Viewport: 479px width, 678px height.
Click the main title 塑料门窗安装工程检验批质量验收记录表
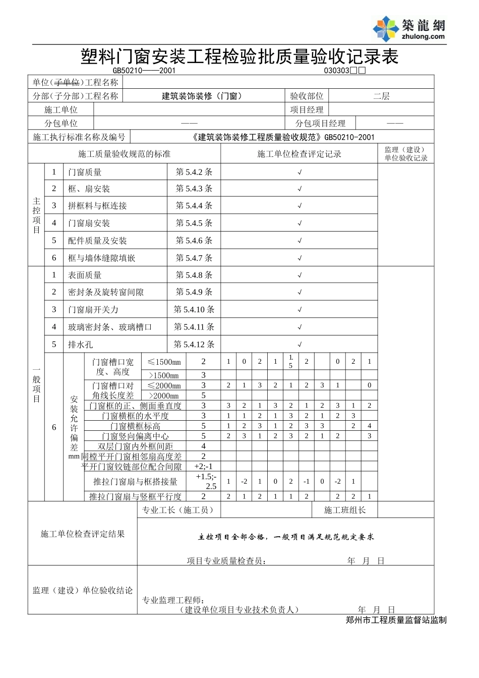tap(239, 56)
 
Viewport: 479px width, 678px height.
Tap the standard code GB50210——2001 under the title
tap(144, 71)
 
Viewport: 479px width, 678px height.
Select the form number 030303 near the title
tap(337, 71)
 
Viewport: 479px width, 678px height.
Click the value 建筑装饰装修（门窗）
tap(202, 96)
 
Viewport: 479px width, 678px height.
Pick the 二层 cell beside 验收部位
tap(381, 96)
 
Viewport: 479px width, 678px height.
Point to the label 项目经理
tap(307, 109)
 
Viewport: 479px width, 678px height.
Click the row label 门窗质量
tap(85, 172)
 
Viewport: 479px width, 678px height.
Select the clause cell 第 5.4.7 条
tap(194, 258)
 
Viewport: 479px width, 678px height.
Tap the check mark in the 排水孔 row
tap(300, 345)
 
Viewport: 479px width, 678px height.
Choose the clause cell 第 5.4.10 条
tap(194, 310)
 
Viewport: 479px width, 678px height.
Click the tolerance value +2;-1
tap(203, 467)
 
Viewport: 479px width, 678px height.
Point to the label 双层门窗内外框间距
tap(135, 446)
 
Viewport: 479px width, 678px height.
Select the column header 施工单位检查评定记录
tap(300, 154)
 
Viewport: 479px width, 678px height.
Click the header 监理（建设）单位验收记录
tap(405, 154)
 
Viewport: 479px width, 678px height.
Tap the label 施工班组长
tap(345, 510)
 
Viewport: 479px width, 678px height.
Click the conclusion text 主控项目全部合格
tap(232, 537)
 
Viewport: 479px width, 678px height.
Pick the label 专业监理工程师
tap(172, 600)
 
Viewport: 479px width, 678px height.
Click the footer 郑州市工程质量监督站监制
tap(396, 620)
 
